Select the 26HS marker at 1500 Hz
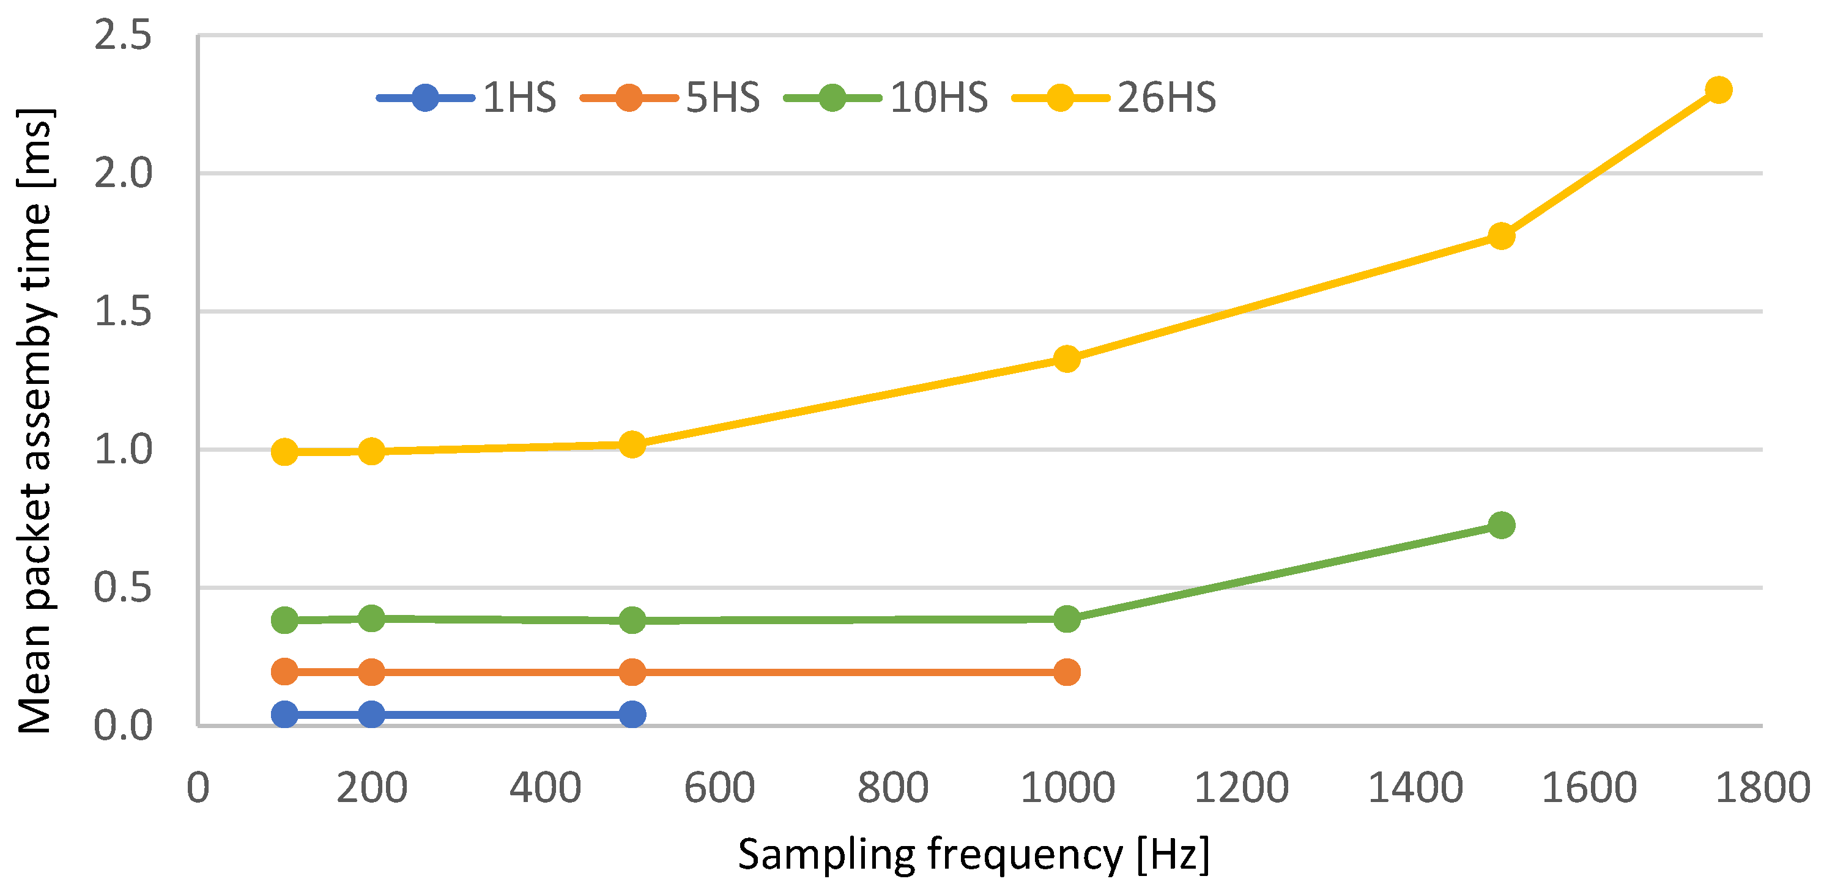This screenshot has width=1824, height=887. [1501, 236]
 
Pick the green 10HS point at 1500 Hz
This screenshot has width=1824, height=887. [1501, 525]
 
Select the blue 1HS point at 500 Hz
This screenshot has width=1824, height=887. [632, 714]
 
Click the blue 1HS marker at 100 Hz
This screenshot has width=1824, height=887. [284, 714]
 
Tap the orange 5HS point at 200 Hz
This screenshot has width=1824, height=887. [372, 672]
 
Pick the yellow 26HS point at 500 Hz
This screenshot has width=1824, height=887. [632, 444]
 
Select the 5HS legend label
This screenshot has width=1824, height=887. [722, 98]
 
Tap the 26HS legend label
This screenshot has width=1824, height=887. [1166, 98]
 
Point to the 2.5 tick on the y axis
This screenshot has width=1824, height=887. [122, 35]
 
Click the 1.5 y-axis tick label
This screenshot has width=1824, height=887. [122, 312]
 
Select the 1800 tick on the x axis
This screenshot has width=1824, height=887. [1762, 787]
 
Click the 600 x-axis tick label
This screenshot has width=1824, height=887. [719, 787]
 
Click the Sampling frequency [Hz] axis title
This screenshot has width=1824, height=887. [974, 855]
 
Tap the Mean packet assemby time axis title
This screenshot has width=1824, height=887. [34, 421]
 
